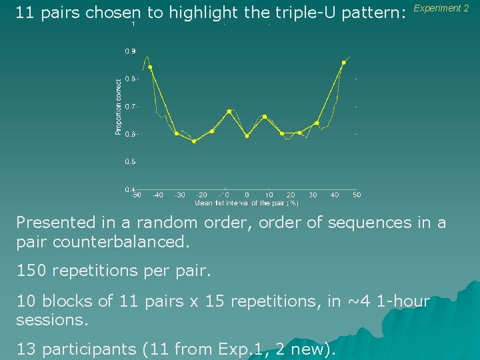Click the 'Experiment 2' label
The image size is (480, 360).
441,9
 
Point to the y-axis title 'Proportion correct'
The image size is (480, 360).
119,107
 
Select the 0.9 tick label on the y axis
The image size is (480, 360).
130,51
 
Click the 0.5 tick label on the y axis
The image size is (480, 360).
130,162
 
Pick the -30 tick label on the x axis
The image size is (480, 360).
180,195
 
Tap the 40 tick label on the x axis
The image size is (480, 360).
335,195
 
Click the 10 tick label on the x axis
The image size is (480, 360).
269,195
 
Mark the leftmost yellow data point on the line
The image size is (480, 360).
150,67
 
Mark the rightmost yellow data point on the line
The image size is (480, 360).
343,63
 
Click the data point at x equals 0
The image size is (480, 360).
247,136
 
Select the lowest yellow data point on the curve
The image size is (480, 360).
194,141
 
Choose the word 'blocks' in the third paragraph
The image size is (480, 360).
69,301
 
